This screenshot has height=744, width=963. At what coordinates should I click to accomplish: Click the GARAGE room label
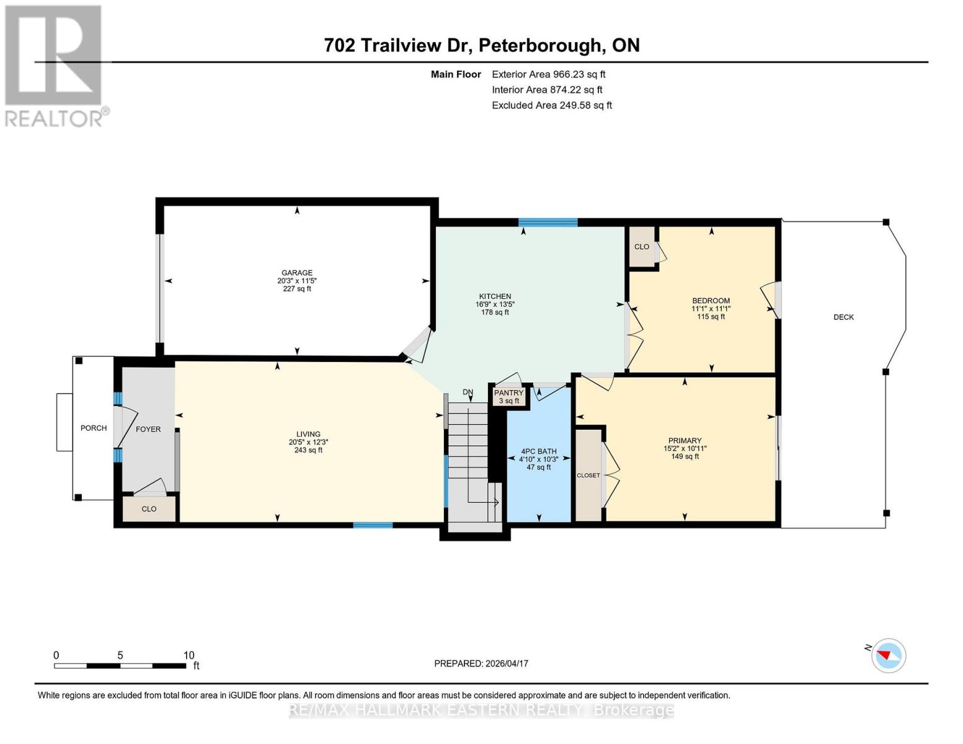tap(297, 273)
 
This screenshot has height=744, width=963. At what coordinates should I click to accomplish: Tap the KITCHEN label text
tap(494, 296)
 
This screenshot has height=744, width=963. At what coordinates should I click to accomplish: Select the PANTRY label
tap(508, 393)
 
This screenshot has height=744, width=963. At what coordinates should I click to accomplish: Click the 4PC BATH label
tap(538, 451)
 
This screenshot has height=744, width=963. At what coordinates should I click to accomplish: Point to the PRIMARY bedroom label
tap(685, 440)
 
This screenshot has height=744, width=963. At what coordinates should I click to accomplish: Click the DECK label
tap(843, 317)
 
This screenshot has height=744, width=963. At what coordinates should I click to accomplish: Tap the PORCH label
tap(94, 428)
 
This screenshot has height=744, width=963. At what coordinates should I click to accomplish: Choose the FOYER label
tap(148, 429)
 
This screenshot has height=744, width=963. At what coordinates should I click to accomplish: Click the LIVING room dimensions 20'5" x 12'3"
tap(308, 442)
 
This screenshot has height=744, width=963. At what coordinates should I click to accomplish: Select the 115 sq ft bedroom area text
tap(711, 317)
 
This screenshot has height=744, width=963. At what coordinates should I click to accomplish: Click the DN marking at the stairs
tap(468, 392)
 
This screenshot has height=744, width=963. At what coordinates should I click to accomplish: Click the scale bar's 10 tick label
tap(189, 655)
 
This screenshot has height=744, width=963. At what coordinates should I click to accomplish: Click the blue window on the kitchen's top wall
tap(548, 223)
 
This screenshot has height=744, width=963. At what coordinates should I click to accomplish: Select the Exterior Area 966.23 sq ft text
tap(548, 74)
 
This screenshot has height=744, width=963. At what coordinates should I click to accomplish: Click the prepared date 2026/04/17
tap(507, 663)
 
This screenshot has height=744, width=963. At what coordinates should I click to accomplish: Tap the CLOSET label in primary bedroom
tap(588, 476)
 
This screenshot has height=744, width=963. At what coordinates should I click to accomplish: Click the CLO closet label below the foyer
tap(149, 509)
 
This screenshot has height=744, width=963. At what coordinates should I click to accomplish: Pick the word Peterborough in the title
tap(541, 45)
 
